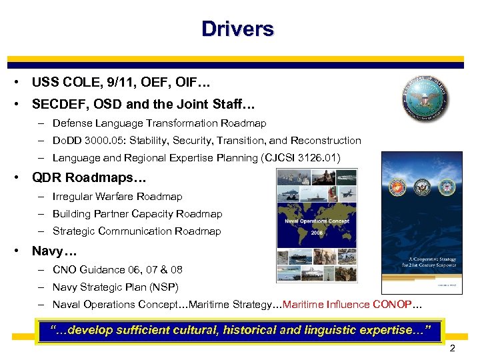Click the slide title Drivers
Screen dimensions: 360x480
coord(238,29)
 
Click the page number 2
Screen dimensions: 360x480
coord(453,349)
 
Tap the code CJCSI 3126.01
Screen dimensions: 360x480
coord(304,158)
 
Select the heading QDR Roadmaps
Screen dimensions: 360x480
coord(84,178)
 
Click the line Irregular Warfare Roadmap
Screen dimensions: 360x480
coord(117,197)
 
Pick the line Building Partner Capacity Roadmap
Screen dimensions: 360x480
coord(137,214)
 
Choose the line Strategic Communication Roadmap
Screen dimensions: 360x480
coord(137,231)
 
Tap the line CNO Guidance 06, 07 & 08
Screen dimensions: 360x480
coord(117,270)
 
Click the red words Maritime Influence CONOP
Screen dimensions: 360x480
coord(349,305)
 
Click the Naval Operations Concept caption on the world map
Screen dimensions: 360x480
coord(317,221)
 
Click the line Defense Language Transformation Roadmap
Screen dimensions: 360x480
coord(159,123)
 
